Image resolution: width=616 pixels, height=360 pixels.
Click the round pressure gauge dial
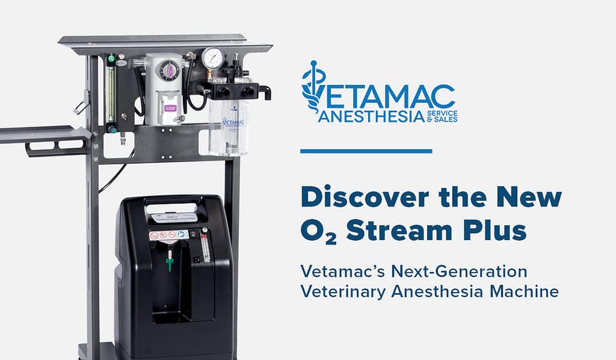[212, 58]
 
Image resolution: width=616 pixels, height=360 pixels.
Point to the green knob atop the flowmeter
[110, 58]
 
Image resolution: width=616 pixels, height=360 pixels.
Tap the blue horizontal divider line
[366, 151]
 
